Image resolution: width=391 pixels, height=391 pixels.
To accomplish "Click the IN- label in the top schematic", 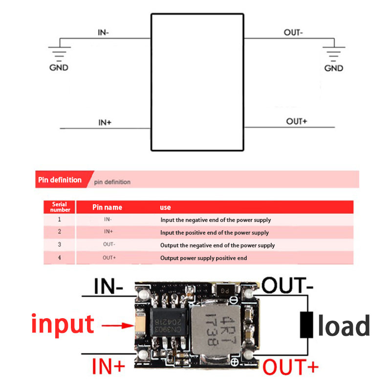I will [104, 33].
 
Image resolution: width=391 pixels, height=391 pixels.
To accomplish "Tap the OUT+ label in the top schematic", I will [296, 121].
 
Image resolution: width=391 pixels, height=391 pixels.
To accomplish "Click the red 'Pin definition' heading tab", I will [60, 180].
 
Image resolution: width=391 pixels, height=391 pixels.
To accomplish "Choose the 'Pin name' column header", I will [107, 207].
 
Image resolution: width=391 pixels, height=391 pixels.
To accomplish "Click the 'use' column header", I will [165, 207].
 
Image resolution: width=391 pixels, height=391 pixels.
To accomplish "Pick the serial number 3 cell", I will [60, 245].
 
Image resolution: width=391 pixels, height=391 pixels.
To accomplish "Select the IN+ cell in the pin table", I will [109, 232].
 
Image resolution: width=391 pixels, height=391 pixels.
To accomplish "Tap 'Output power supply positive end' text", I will [203, 258].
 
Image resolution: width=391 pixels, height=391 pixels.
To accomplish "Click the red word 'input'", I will [62, 324].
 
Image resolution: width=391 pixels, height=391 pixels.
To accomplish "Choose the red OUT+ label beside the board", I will [291, 366].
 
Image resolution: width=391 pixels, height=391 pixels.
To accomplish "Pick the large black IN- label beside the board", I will [108, 287].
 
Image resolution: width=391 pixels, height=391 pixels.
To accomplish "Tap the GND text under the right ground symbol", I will [334, 68].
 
